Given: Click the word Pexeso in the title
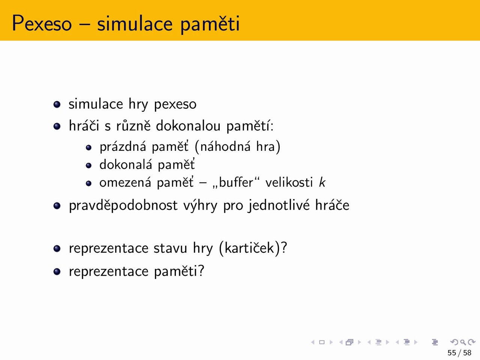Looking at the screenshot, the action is point(42,23).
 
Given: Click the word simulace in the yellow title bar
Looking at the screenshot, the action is point(135,23).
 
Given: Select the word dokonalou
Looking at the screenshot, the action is point(188,126).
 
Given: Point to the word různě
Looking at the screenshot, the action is point(133,126).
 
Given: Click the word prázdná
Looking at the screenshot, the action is point(123,147).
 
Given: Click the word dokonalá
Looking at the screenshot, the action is point(126,164).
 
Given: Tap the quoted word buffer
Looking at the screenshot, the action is point(236,182).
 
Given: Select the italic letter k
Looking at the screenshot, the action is point(322,182).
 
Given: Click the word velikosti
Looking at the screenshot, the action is point(289,182).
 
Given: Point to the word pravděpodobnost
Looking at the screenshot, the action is point(123,205).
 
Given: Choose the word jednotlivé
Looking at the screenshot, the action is point(279,205).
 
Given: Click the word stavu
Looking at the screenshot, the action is point(170,248).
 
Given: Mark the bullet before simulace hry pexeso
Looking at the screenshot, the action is point(57,104).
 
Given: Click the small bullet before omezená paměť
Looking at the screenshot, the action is point(88,183).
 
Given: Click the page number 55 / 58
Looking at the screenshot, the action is point(459,353).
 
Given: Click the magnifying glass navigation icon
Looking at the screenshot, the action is point(463,342).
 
